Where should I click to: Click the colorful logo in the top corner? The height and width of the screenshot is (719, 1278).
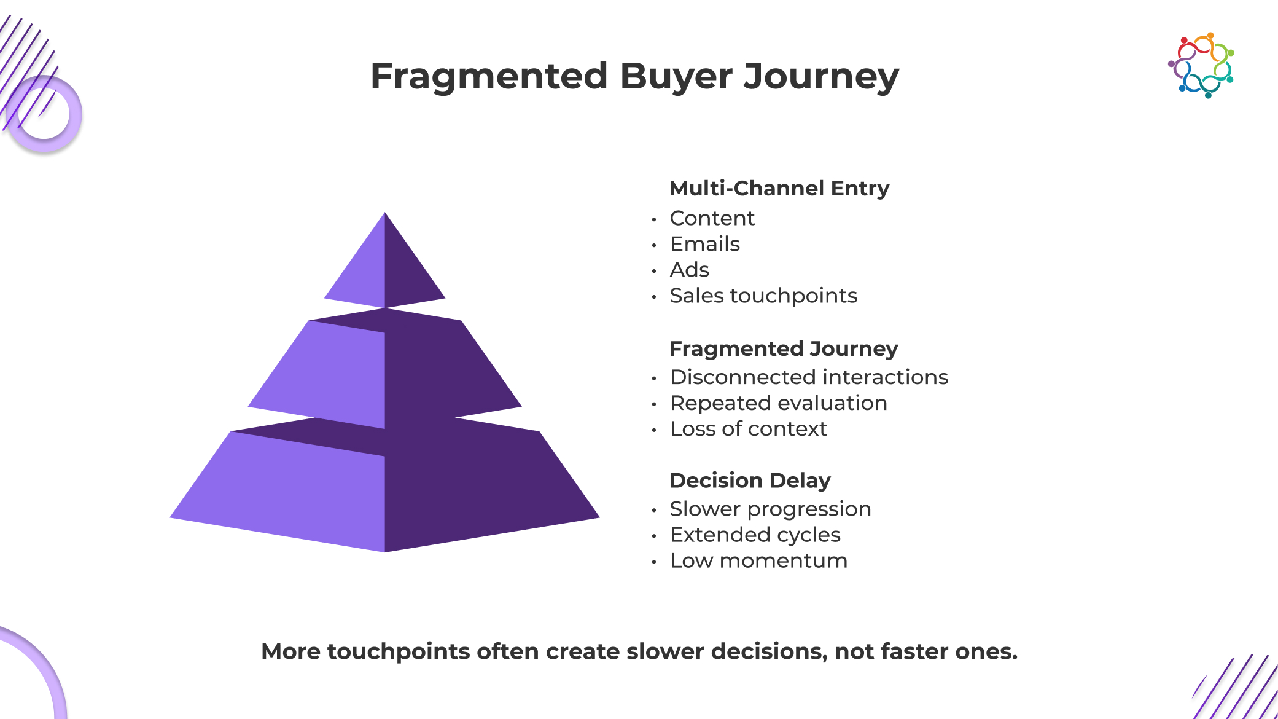[x=1201, y=65]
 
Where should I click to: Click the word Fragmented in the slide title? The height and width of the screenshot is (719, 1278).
[x=489, y=76]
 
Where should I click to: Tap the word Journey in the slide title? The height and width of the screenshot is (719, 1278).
[x=821, y=77]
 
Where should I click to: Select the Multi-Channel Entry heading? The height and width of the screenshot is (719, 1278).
[x=779, y=188]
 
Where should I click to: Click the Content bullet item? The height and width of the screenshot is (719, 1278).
[x=712, y=218]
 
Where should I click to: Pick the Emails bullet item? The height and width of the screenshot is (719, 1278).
[x=704, y=244]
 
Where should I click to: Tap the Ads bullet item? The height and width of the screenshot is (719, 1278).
[x=689, y=270]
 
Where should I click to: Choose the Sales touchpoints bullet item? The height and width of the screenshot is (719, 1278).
[x=763, y=296]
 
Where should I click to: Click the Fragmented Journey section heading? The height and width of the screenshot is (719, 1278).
[x=783, y=348]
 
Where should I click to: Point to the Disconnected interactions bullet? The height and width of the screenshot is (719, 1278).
[x=808, y=377]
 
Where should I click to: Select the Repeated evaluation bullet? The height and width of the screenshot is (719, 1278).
[x=778, y=403]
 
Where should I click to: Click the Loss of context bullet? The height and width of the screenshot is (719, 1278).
[x=748, y=428]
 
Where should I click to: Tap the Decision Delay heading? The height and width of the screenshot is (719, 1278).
[x=749, y=480]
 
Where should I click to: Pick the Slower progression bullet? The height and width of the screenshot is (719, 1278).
[x=770, y=509]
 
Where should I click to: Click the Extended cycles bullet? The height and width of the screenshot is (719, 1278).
[x=755, y=535]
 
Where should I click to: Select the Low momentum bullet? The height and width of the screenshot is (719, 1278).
[x=758, y=560]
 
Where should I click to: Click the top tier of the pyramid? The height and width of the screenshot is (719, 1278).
[x=385, y=270]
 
